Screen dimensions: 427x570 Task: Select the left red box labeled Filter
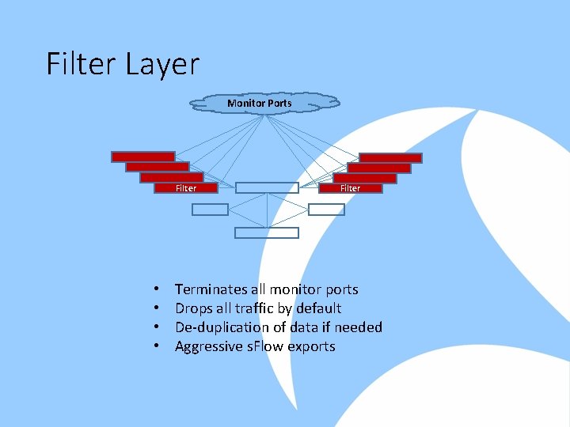185,188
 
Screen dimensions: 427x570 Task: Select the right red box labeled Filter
350,188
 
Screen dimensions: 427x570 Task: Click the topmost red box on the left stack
142,157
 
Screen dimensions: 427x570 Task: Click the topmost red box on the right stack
390,157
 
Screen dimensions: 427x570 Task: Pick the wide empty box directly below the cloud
267,188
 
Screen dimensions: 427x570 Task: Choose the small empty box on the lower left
210,210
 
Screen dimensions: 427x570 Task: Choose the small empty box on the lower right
326,210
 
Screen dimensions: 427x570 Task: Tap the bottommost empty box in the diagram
267,233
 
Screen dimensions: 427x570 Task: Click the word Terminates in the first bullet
208,289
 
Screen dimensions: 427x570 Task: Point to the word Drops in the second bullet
193,308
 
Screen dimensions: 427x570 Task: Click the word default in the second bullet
316,308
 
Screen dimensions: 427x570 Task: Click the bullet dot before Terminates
158,290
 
